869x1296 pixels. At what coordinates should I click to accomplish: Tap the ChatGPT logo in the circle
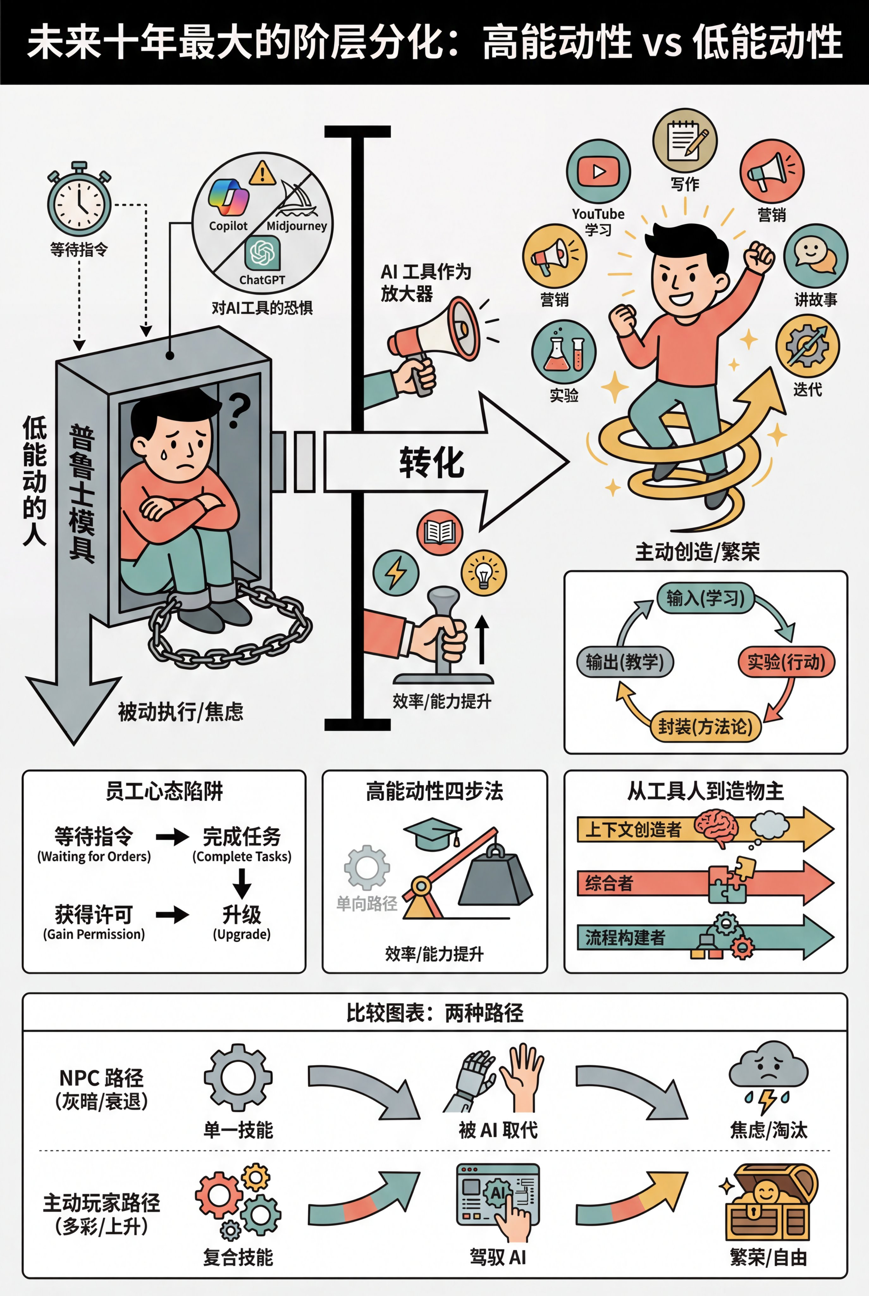262,253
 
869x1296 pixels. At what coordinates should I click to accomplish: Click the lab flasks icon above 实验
564,352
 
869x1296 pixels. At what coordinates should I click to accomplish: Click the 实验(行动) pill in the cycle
786,662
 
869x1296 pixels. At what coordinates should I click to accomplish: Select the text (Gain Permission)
94,934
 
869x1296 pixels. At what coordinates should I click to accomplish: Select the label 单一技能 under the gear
238,1130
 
